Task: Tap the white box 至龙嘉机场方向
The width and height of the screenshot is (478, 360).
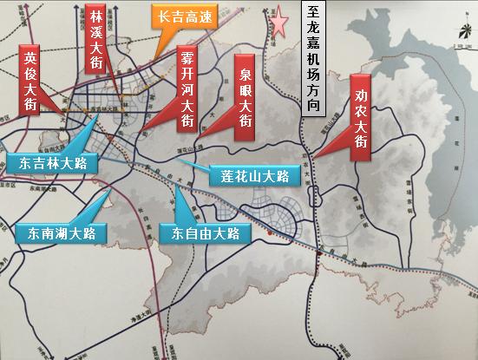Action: click(313, 58)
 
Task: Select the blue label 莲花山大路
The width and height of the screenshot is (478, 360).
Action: click(254, 176)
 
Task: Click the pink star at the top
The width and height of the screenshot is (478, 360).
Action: click(280, 23)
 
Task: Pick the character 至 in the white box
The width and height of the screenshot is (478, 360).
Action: click(313, 13)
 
